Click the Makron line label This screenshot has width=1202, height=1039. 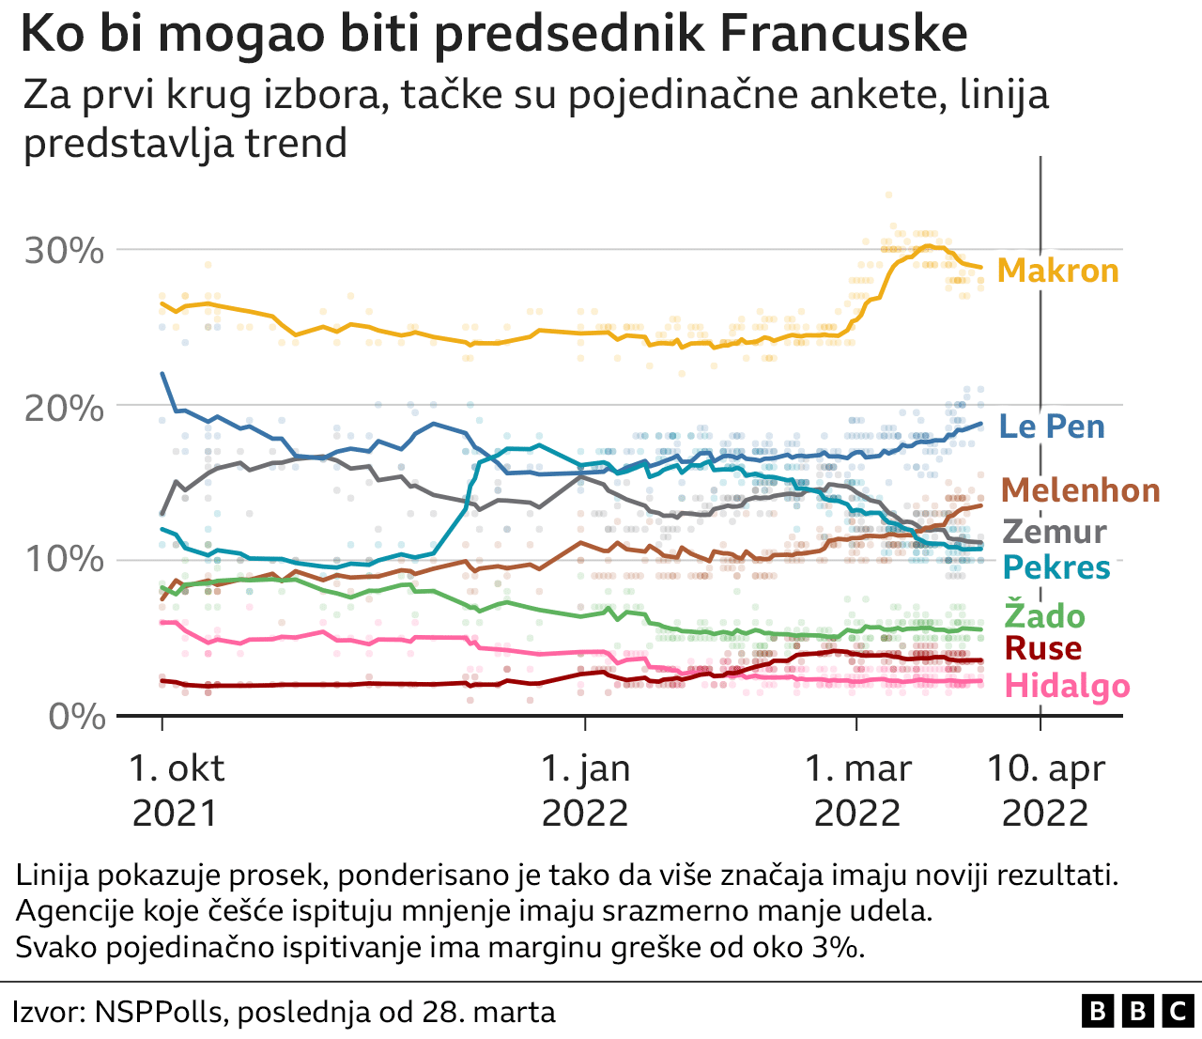[x=1057, y=271]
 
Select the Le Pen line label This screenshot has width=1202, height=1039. [x=1052, y=426]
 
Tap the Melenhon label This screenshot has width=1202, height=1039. [x=1080, y=490]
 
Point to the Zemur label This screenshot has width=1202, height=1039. [x=1055, y=532]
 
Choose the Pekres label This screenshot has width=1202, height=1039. [x=1056, y=567]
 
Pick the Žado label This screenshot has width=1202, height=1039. [x=1044, y=616]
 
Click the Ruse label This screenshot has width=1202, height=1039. [x=1042, y=648]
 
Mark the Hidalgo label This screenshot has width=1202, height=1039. [x=1067, y=686]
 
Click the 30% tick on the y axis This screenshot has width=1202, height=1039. [x=64, y=251]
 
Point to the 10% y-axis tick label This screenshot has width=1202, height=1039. [x=64, y=561]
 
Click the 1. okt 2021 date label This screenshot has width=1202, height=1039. [x=176, y=790]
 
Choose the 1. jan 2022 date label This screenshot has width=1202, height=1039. [x=585, y=790]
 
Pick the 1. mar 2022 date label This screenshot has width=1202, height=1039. [x=857, y=790]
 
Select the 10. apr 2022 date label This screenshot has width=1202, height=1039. [x=1045, y=790]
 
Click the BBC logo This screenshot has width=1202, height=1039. [x=1136, y=1011]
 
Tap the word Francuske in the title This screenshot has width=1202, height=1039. [x=843, y=35]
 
